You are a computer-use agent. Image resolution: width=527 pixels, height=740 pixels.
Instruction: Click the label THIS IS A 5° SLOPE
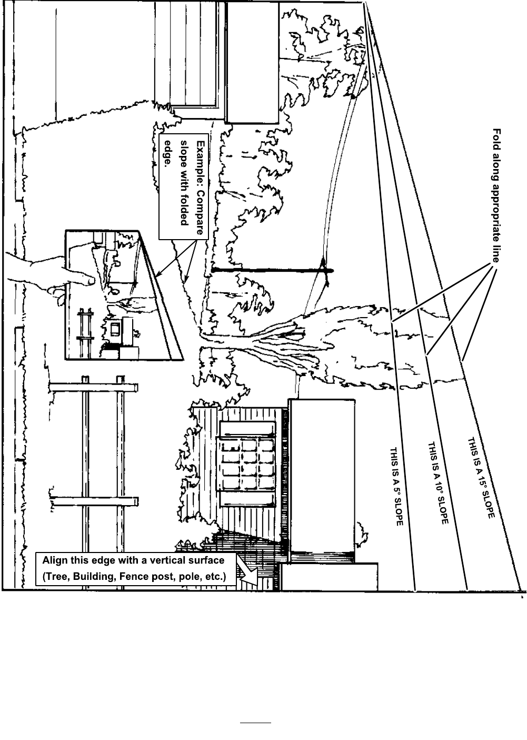coord(396,487)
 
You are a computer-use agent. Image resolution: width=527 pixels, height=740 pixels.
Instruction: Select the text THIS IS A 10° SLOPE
coord(437,482)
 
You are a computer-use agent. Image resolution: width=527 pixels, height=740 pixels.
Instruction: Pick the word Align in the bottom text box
coord(54,560)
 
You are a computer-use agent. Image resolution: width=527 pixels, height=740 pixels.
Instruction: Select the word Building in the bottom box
coord(95,576)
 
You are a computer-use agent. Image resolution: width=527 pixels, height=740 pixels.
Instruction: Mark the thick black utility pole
coord(271,271)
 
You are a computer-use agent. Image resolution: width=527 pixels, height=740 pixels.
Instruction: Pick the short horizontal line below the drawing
coord(255,723)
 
